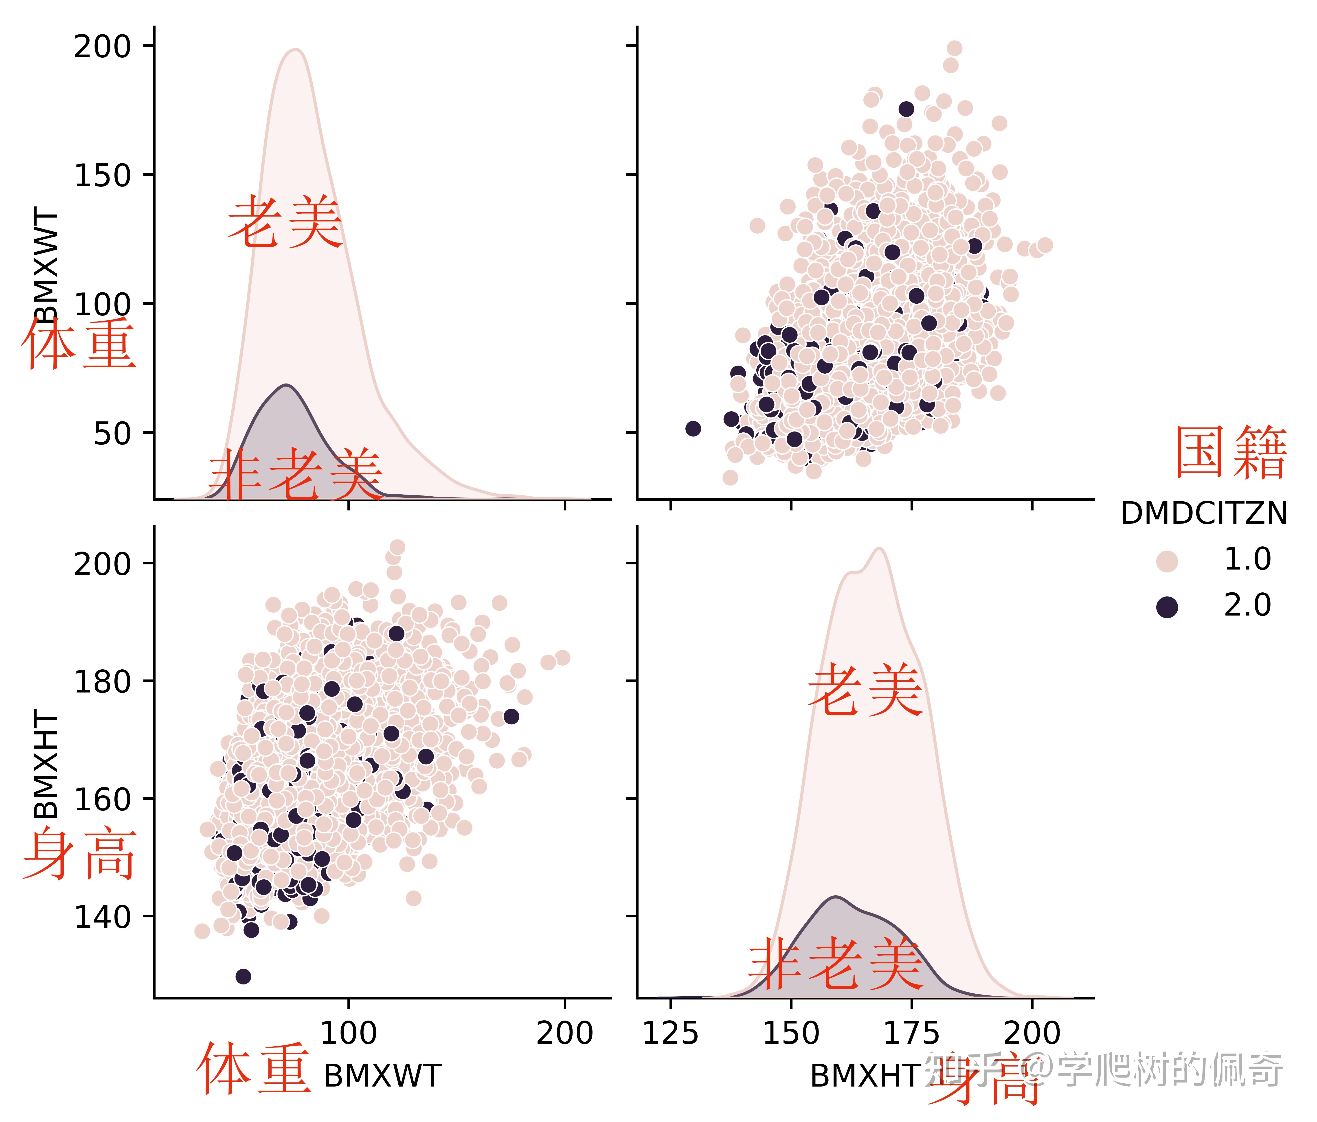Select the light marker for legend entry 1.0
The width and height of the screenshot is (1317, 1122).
1167,561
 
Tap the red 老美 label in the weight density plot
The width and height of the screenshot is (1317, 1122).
285,222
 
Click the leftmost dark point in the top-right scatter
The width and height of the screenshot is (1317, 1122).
693,428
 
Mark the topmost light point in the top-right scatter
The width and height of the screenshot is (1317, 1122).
954,48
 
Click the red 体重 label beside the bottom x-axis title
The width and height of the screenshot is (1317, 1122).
254,1069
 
